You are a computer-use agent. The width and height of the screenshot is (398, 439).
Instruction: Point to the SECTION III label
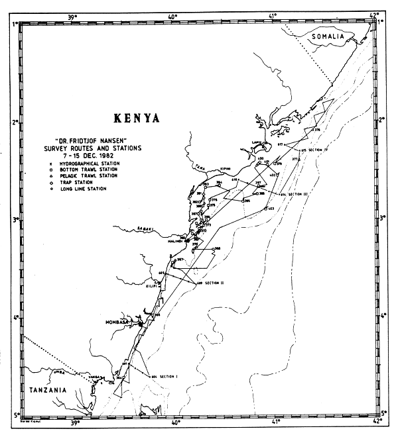click(x=297, y=195)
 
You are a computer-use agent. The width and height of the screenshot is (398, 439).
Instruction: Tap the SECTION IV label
click(x=316, y=150)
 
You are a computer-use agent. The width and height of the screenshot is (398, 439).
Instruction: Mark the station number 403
click(x=271, y=208)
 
